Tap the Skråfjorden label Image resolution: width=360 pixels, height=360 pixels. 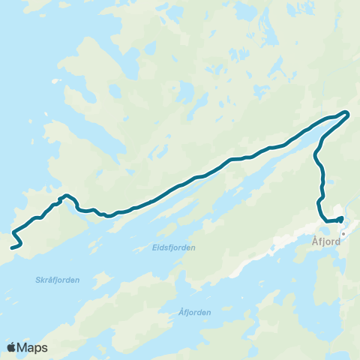(57, 280)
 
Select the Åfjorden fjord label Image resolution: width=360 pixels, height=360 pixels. (195, 312)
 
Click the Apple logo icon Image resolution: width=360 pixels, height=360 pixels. (11, 347)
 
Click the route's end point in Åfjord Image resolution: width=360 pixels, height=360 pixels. (341, 218)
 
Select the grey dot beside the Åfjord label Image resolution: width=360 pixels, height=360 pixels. (343, 233)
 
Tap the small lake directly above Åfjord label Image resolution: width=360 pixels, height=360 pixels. (335, 212)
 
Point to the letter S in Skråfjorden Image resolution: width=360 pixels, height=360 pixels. (37, 280)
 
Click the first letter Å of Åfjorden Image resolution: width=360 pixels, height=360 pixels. (182, 312)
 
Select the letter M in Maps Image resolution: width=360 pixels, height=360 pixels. (22, 347)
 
